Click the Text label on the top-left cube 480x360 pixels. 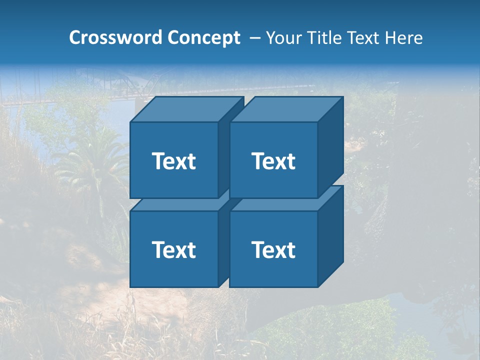173,161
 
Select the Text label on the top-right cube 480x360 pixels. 273,161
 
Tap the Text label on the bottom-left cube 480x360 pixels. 173,250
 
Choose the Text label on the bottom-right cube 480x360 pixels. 273,250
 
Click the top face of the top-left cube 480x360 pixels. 186,109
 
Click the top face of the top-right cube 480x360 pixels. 286,109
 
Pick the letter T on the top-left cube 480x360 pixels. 157,161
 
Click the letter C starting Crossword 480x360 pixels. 74,38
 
